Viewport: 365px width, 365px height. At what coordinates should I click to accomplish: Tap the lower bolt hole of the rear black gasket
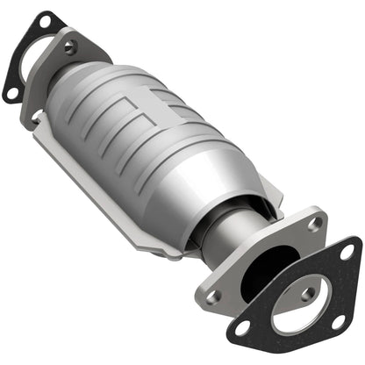(11, 92)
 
